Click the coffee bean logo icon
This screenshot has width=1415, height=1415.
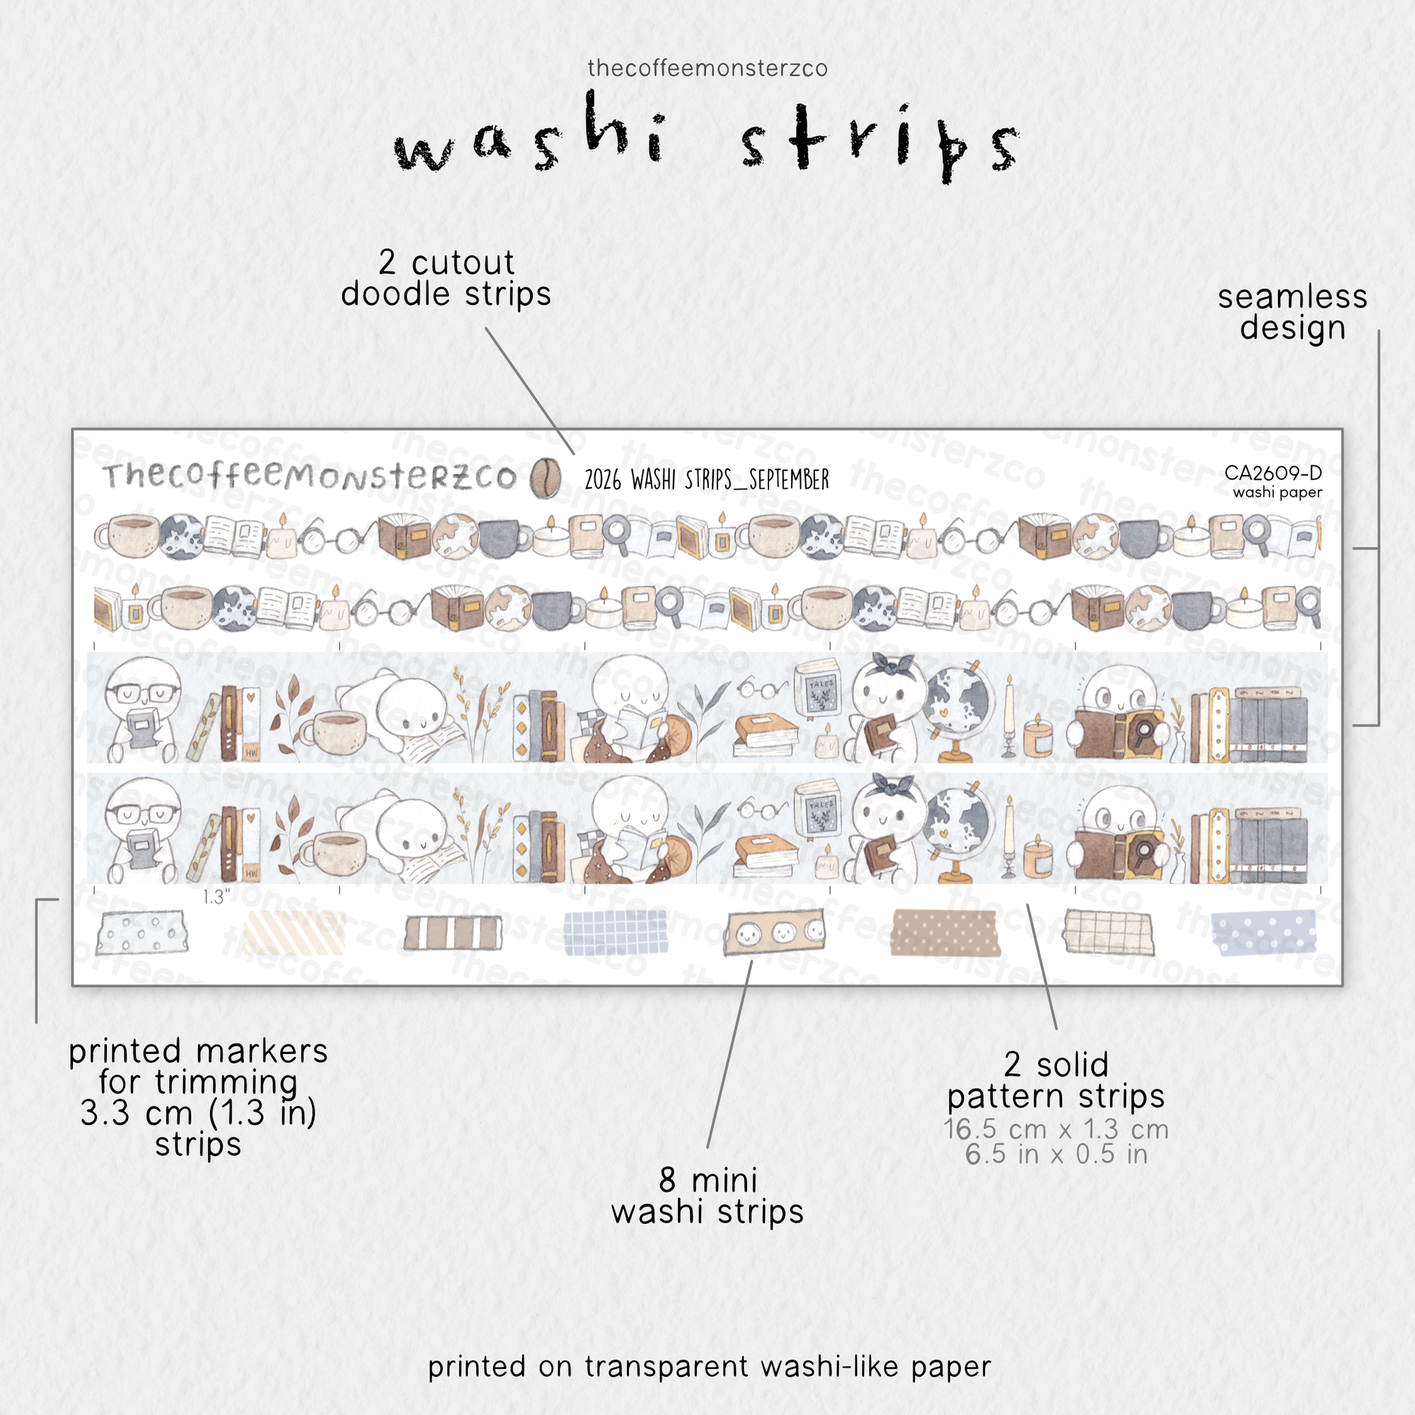point(545,478)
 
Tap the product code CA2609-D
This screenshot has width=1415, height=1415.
point(1273,473)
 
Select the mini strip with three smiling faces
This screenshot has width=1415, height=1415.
point(774,932)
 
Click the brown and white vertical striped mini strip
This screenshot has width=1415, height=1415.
point(454,932)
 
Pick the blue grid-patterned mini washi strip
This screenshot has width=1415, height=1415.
point(616,932)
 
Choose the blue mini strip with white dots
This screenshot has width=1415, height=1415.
point(1263,932)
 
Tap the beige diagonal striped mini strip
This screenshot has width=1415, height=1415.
point(293,932)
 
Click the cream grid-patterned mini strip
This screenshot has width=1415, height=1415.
point(1109,932)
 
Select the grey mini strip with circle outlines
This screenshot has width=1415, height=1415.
point(141,932)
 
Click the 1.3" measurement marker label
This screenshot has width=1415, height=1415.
point(216,897)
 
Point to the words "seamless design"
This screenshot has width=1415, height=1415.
point(1293,312)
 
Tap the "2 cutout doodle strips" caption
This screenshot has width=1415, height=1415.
point(446,278)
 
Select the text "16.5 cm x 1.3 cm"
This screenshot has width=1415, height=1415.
point(1056,1128)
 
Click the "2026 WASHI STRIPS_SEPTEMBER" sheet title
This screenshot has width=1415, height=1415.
point(707,480)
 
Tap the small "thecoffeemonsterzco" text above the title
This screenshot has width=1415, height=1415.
point(707,68)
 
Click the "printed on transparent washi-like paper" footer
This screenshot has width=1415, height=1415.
point(709,1367)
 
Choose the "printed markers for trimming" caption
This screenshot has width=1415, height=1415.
point(198,1066)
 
